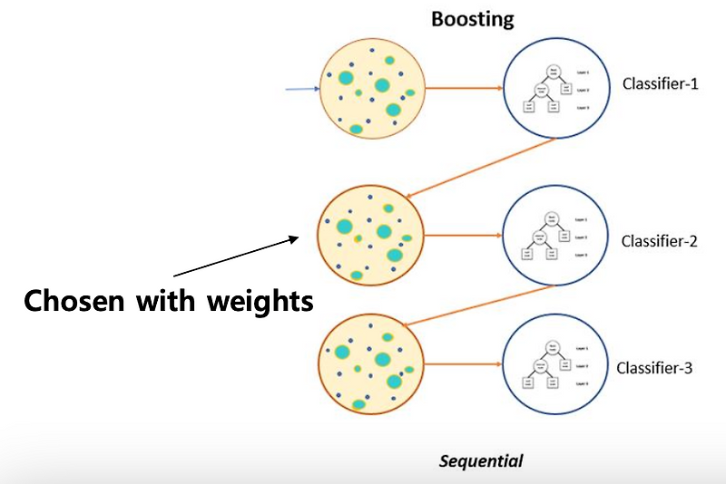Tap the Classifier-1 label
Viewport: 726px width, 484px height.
[661, 84]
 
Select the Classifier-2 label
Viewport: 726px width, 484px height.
[660, 241]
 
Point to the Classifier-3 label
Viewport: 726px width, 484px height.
[655, 368]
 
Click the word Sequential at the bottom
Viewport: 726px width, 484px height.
[481, 460]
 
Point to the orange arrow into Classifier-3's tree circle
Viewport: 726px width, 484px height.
[463, 365]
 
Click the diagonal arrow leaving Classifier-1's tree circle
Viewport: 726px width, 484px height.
[481, 169]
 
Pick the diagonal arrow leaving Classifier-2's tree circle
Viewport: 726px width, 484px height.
[478, 306]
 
